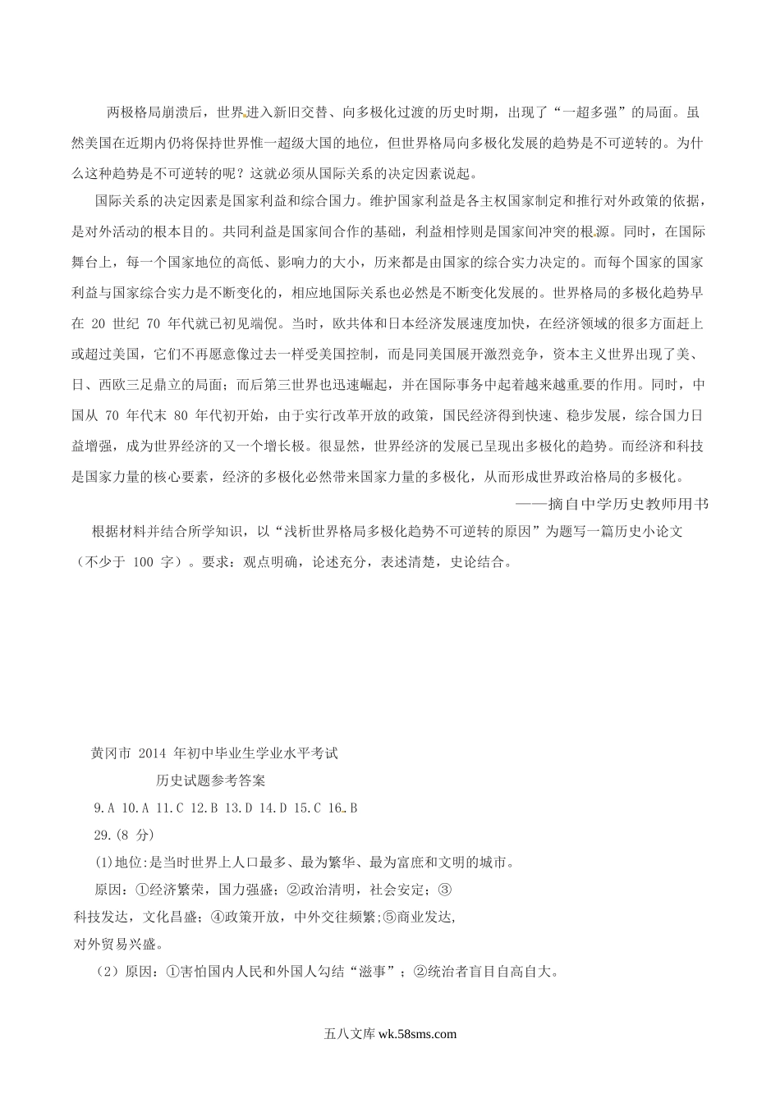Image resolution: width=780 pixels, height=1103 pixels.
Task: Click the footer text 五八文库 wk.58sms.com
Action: (x=390, y=1036)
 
